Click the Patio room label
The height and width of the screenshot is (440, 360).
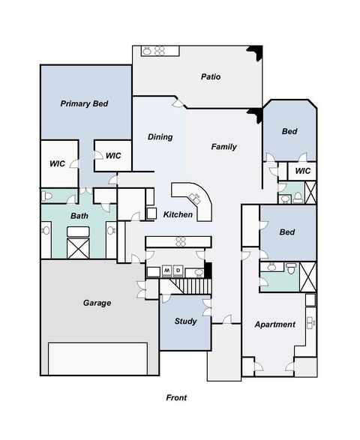point(210,76)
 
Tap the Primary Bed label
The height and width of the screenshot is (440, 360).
point(85,104)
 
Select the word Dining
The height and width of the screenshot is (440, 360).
point(160,137)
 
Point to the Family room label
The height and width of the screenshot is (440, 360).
point(223,147)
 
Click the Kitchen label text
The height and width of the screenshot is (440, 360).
point(178,215)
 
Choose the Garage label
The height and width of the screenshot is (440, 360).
point(97,303)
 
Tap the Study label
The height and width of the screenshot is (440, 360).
point(185,322)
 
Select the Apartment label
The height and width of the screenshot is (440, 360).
point(274,325)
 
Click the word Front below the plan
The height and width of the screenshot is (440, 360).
point(175,398)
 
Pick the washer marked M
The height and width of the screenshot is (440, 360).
point(168,271)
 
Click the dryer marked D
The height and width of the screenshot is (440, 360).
point(178,271)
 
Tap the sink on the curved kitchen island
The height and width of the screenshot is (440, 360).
point(196,199)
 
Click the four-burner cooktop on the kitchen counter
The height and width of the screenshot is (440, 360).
point(181,241)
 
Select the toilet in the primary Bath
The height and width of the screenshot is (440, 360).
point(47,197)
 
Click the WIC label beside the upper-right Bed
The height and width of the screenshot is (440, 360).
point(302,171)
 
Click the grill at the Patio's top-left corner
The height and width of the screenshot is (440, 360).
point(153,51)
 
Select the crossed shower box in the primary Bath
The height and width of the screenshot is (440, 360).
point(76,247)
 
